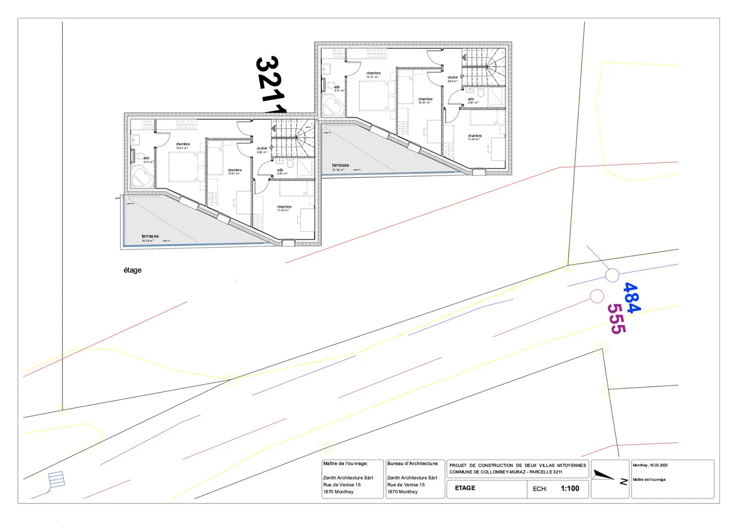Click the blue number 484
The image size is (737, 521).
[631, 297]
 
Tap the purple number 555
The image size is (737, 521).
[616, 318]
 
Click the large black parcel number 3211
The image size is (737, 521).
[270, 85]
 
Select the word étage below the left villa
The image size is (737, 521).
[133, 270]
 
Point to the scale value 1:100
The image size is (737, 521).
[570, 488]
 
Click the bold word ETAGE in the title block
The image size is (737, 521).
[465, 488]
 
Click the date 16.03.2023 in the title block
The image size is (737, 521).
[658, 465]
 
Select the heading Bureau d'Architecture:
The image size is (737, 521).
[413, 464]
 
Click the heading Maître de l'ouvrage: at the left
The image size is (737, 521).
[345, 464]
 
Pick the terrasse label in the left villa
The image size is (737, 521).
[150, 236]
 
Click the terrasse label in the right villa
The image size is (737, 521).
[340, 165]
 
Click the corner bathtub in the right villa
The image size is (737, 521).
[332, 106]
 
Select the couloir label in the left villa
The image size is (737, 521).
[262, 148]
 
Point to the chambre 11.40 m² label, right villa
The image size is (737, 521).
[474, 137]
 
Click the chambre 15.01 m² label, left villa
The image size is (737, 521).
[183, 145]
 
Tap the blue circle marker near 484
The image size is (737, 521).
[612, 275]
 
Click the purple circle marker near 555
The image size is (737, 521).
[597, 296]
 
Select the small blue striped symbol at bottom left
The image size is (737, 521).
[56, 480]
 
